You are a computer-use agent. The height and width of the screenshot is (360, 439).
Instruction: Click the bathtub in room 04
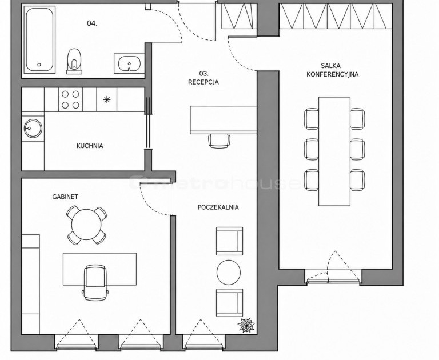click(x=39, y=40)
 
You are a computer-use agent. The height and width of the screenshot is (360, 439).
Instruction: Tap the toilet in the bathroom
click(x=74, y=61)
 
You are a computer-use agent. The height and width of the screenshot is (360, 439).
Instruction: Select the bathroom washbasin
click(x=129, y=64)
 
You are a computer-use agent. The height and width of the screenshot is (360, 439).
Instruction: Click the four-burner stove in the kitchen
click(x=70, y=99)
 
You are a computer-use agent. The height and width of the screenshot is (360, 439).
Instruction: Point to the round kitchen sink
click(x=33, y=128)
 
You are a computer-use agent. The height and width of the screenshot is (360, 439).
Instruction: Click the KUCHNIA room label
click(x=90, y=146)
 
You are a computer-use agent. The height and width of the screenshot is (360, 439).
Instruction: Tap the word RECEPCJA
click(x=203, y=82)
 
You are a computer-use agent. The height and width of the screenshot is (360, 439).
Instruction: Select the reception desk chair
click(x=219, y=141)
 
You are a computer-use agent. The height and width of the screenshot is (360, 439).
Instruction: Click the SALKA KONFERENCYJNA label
click(x=332, y=70)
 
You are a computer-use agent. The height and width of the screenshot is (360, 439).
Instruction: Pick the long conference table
click(x=334, y=151)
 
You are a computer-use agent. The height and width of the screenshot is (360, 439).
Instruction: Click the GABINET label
click(x=65, y=197)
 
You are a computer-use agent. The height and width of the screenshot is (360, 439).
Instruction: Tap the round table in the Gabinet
click(x=86, y=225)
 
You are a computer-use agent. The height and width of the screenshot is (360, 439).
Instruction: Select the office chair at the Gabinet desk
click(x=95, y=282)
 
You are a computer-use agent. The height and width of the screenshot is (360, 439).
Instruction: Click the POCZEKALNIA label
click(x=218, y=207)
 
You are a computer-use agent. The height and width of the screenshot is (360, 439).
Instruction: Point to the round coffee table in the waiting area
click(x=229, y=272)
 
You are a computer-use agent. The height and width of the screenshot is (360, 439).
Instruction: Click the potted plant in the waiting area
click(x=246, y=325)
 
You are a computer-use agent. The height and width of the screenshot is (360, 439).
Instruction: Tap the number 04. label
click(x=92, y=23)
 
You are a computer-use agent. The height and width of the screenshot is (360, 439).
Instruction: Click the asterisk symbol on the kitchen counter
click(x=107, y=99)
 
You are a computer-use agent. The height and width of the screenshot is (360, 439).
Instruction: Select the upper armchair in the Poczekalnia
click(x=230, y=241)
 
